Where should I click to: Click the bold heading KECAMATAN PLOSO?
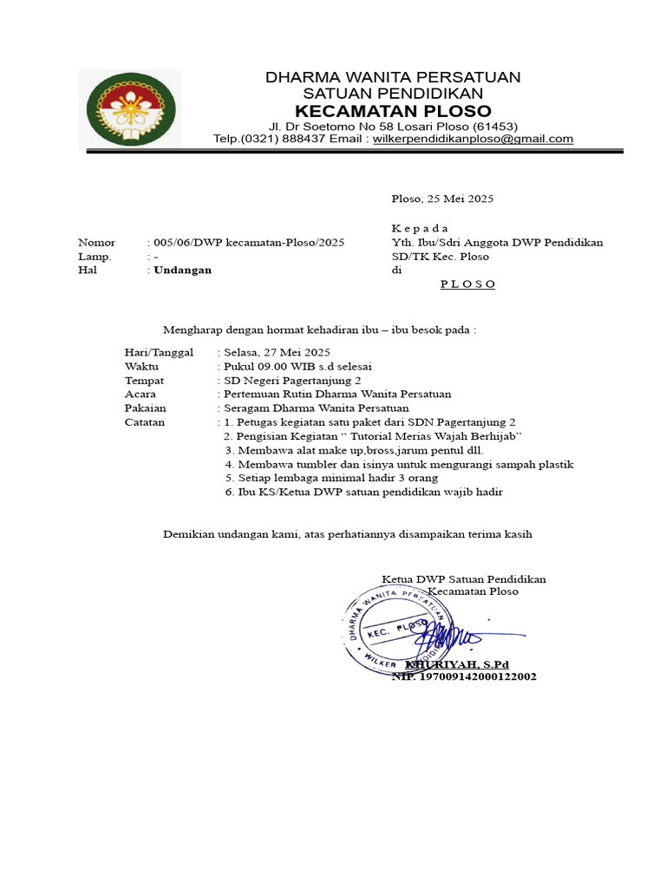[x=393, y=111]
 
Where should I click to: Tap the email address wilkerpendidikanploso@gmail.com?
[x=473, y=139]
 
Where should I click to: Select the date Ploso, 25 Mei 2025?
[x=442, y=199]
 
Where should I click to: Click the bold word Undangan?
[x=182, y=270]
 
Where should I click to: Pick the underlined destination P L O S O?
[x=467, y=284]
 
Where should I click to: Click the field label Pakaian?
[x=145, y=408]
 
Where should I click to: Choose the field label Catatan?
[x=145, y=422]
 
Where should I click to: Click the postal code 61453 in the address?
[x=494, y=126]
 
